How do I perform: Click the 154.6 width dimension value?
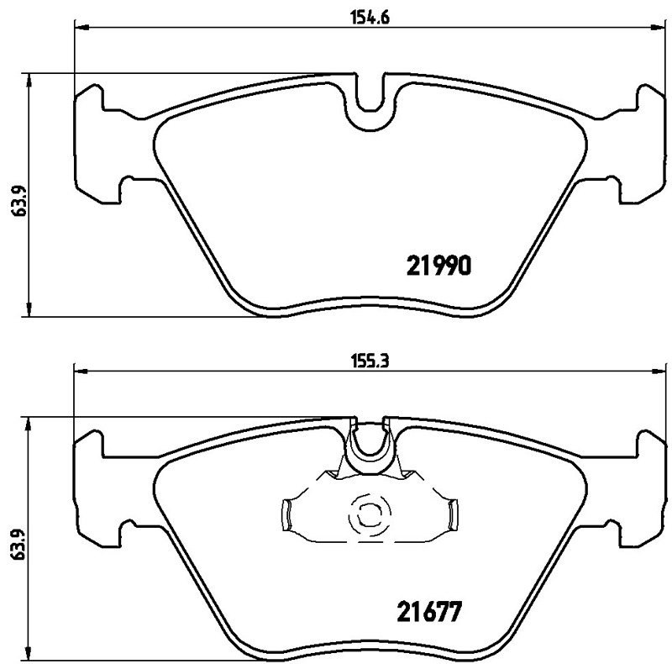pyautogui.click(x=370, y=18)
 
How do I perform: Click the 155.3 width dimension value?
pyautogui.click(x=370, y=361)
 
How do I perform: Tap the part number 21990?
pyautogui.click(x=438, y=266)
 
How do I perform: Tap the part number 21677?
pyautogui.click(x=430, y=612)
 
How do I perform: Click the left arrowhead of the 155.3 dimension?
pyautogui.click(x=81, y=372)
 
